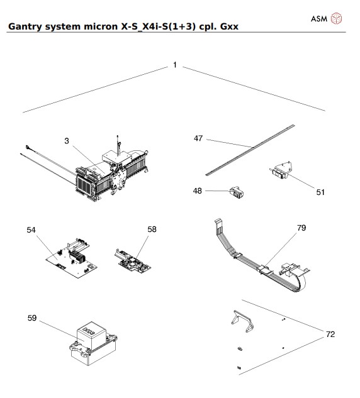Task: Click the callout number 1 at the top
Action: point(174,65)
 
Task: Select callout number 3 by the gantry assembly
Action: point(67,141)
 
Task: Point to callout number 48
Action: point(198,190)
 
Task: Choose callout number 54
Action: point(31,231)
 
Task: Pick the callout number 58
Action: point(152,230)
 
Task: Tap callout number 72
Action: point(330,334)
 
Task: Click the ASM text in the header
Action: point(319,18)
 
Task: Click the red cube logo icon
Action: point(337,18)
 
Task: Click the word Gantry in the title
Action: point(25,27)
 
